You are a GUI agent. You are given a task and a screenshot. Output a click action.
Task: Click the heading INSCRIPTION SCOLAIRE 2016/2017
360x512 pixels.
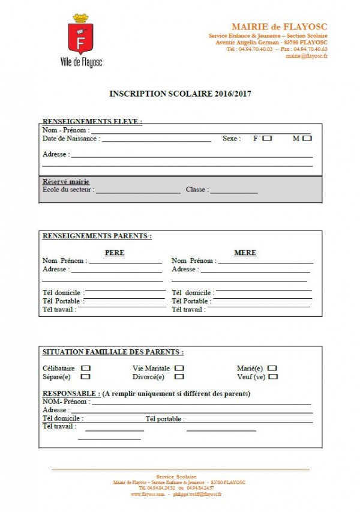click(x=180, y=94)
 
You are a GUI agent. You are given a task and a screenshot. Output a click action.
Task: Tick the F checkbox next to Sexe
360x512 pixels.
click(x=267, y=138)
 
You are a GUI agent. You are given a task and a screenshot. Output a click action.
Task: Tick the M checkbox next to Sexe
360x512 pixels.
click(x=307, y=138)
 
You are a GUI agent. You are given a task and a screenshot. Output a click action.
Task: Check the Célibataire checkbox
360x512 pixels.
click(x=86, y=368)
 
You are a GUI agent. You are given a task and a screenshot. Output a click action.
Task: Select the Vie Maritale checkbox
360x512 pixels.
click(x=179, y=368)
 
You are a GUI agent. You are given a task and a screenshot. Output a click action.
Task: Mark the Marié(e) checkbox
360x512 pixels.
click(x=272, y=368)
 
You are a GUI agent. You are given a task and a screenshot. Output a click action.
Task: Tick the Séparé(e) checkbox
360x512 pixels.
click(x=85, y=377)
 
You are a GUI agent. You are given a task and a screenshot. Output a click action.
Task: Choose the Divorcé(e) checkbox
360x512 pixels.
click(x=179, y=377)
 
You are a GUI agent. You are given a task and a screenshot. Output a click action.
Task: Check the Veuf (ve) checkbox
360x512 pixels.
click(x=274, y=377)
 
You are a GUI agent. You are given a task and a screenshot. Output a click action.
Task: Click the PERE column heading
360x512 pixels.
click(x=115, y=253)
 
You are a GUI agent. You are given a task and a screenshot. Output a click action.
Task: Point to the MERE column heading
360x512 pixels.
click(x=245, y=253)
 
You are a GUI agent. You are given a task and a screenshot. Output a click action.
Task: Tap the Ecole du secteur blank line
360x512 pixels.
click(x=138, y=192)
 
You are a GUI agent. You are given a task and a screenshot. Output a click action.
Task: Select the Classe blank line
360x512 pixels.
click(x=234, y=192)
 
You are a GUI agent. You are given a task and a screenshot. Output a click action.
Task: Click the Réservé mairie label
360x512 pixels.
click(x=66, y=182)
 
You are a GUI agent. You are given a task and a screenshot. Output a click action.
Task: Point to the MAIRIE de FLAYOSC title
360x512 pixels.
click(x=279, y=27)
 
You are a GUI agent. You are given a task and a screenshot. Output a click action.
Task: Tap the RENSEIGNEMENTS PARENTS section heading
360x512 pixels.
click(x=97, y=236)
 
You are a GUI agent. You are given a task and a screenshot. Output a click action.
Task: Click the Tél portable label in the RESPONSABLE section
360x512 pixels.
click(x=165, y=419)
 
